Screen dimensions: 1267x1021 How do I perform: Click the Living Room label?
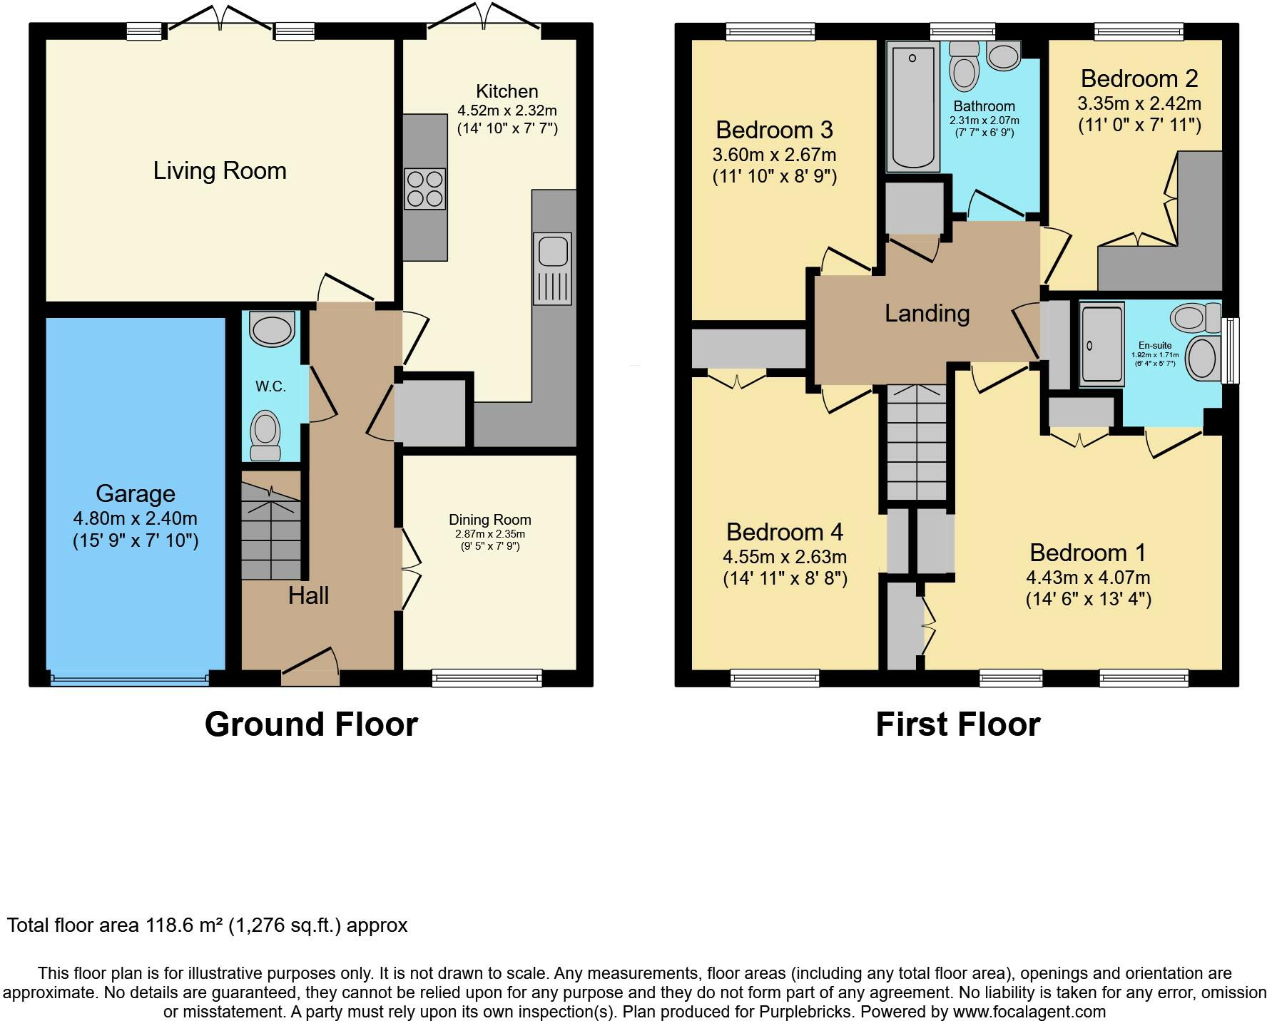(x=220, y=171)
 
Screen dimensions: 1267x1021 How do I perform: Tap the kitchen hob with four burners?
(x=425, y=189)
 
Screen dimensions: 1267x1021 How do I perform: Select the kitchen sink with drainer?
(x=552, y=269)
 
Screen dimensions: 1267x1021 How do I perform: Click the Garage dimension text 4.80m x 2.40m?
(x=136, y=518)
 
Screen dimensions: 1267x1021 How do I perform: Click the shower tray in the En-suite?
(x=1101, y=344)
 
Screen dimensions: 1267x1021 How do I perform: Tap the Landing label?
(x=927, y=314)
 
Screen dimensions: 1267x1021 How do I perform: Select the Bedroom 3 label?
(x=775, y=130)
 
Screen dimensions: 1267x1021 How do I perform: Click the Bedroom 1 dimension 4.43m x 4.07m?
(x=1089, y=578)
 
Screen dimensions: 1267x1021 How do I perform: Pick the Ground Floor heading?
(x=311, y=724)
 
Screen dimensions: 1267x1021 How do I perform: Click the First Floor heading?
(x=958, y=724)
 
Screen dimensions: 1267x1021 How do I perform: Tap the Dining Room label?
(x=490, y=520)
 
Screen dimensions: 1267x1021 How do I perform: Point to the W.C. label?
(x=270, y=386)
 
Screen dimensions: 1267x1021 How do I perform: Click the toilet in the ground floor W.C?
(x=266, y=436)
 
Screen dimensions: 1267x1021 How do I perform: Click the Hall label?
(x=309, y=595)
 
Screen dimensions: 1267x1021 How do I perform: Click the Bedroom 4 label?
(x=785, y=532)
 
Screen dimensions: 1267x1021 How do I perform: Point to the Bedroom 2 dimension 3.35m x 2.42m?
(x=1139, y=103)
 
